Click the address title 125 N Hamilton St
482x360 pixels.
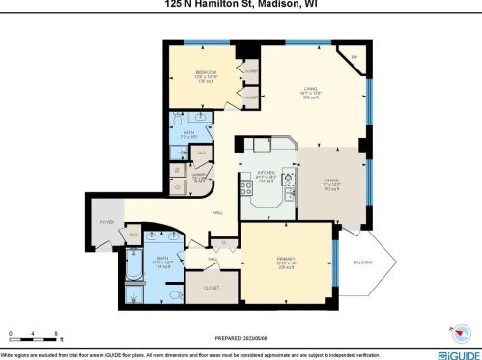point(241,4)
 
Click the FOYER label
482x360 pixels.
point(106,221)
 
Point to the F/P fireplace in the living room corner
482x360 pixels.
point(354,58)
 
